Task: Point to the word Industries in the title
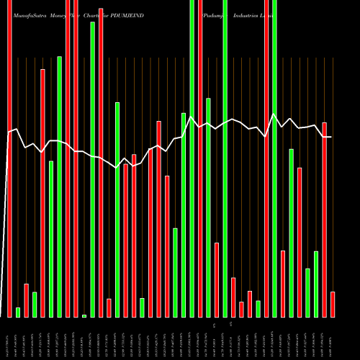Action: tap(246, 14)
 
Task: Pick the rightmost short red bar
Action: tap(333, 304)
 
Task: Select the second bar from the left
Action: tap(18, 312)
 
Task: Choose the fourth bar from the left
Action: tap(35, 304)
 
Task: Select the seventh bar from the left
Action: tap(59, 186)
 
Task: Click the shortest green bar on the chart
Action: tap(84, 315)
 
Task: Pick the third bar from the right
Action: tap(316, 284)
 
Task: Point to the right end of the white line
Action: tap(331, 137)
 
